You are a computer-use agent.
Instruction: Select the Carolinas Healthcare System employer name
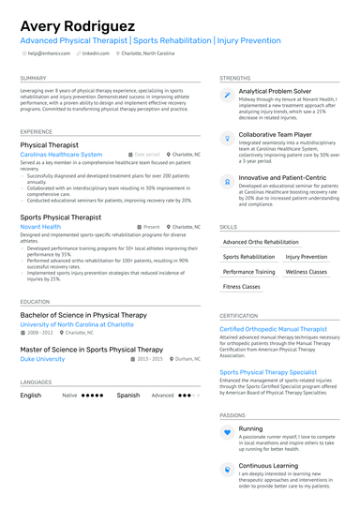pos(61,154)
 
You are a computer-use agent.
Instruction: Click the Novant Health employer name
pos(40,227)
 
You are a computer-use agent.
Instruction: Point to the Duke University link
pos(42,359)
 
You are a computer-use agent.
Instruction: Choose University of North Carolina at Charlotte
pos(77,324)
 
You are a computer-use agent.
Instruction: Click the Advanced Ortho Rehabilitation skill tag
pos(261,242)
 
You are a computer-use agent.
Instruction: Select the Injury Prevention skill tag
pos(307,257)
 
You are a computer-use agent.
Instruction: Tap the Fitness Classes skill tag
pos(242,287)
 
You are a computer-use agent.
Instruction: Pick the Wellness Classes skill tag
pos(307,272)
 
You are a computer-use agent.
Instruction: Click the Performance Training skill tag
pos(248,272)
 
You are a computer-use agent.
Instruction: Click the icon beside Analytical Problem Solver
pos(228,95)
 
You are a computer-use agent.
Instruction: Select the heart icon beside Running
pos(228,432)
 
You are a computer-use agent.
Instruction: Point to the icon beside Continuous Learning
pos(228,469)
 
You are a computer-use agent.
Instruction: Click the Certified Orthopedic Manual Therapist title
pos(273,329)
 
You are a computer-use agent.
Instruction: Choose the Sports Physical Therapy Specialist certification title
pos(268,372)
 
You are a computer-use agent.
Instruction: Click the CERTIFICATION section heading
pos(238,316)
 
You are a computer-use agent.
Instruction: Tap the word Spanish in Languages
pos(127,396)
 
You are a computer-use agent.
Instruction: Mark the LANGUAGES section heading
pos(36,382)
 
